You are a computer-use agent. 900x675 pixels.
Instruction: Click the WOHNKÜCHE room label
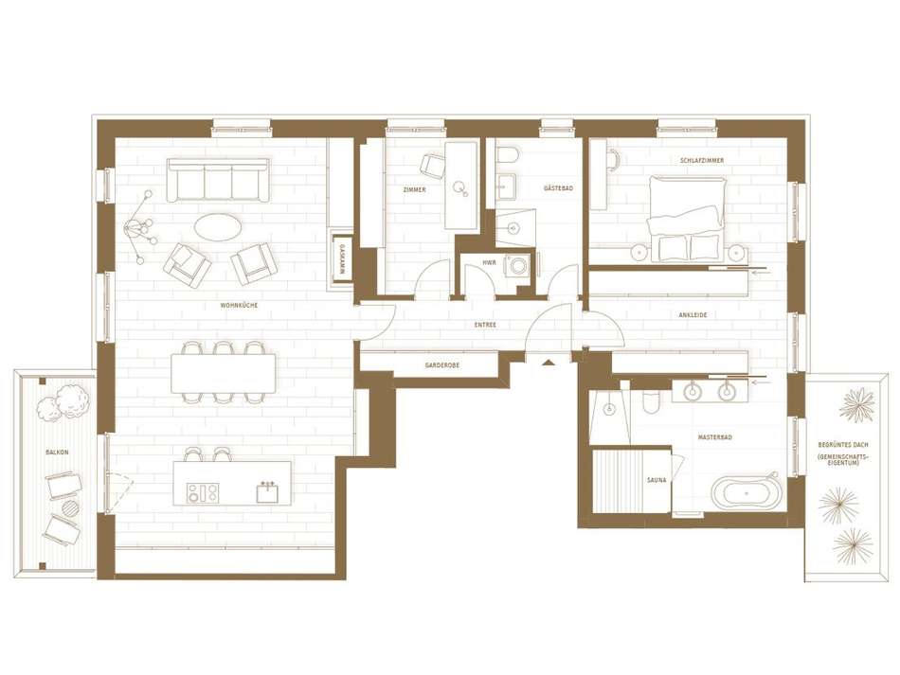pyautogui.click(x=239, y=305)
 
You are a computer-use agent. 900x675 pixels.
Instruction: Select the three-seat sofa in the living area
pyautogui.click(x=218, y=180)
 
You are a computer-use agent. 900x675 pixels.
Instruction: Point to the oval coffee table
pyautogui.click(x=218, y=227)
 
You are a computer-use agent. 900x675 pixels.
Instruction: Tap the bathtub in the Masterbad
pyautogui.click(x=747, y=492)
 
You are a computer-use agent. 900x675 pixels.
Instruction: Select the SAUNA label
pyautogui.click(x=657, y=479)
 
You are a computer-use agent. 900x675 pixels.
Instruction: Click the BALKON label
pyautogui.click(x=57, y=452)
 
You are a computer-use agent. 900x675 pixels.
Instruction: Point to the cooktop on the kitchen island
pyautogui.click(x=203, y=492)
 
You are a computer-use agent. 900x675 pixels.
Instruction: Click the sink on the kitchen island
pyautogui.click(x=267, y=492)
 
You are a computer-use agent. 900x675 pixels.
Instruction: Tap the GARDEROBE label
pyautogui.click(x=442, y=364)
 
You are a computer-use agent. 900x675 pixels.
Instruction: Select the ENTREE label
pyautogui.click(x=485, y=325)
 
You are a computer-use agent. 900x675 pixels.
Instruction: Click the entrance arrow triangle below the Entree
pyautogui.click(x=549, y=362)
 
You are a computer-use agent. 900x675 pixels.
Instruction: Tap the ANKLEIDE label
pyautogui.click(x=693, y=315)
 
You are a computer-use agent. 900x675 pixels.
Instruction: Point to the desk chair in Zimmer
pyautogui.click(x=432, y=165)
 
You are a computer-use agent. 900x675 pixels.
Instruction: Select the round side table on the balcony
pyautogui.click(x=71, y=507)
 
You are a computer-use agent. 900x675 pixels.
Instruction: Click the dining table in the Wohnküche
pyautogui.click(x=224, y=373)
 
